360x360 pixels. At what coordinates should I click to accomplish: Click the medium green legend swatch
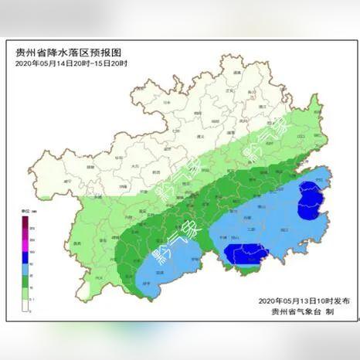click(x=25, y=280)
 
